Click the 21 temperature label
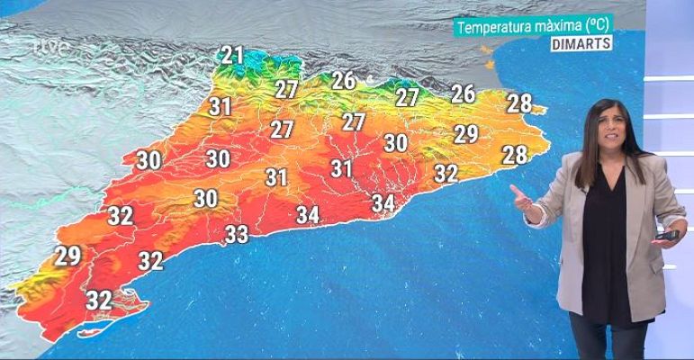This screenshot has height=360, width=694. point(232,56)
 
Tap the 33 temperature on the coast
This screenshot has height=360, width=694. point(236,235)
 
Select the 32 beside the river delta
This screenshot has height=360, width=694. point(98,299)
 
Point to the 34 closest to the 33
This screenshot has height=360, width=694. point(308,215)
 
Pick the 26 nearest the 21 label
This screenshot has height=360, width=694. point(343,80)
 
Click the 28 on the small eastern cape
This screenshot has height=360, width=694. point(519,103)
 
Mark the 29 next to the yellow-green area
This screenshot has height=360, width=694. point(68,256)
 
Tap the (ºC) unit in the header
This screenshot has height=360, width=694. point(601,28)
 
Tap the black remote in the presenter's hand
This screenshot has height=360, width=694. point(670,236)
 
